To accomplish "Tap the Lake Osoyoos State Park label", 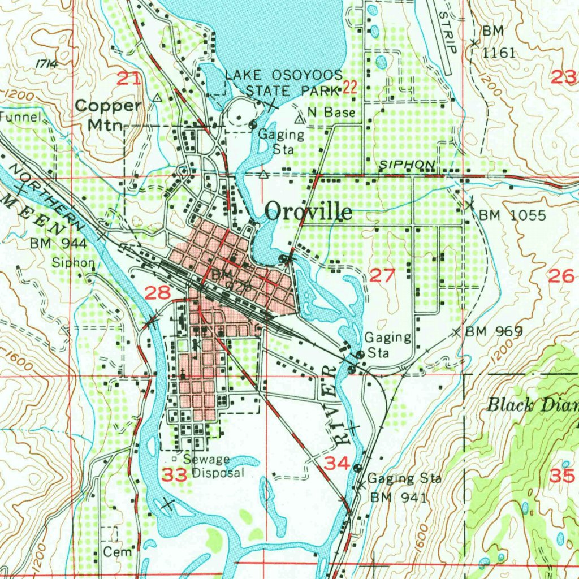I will (284, 83).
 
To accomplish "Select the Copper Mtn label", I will (107, 113).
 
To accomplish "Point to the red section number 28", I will (157, 292).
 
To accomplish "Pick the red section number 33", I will (174, 474).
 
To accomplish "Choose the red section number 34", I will (337, 464).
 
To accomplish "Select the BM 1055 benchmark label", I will (512, 215).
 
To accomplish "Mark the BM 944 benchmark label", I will (58, 244).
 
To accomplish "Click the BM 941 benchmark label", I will (399, 498).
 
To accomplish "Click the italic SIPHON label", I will (407, 164).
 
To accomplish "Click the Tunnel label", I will (21, 117).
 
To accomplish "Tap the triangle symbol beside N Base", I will (300, 119).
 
